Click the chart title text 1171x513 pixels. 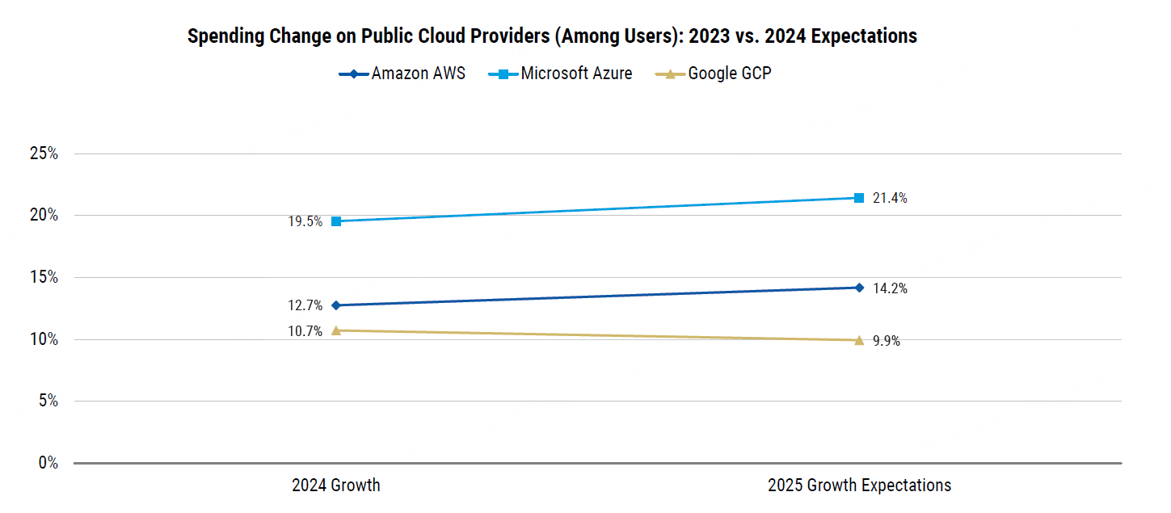pos(552,36)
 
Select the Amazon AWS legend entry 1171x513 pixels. pos(402,74)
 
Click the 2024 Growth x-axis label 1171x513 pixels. pos(335,486)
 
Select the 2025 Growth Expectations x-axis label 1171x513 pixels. pos(859,486)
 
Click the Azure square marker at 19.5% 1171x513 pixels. pos(336,221)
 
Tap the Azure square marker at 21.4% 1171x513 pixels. pos(859,198)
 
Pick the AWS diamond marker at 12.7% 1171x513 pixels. pos(336,305)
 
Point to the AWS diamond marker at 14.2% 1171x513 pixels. pos(859,288)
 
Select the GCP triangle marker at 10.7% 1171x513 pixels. pos(336,330)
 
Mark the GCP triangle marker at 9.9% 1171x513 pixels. pos(859,340)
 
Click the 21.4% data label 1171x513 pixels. pos(890,199)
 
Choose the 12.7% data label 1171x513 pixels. pos(305,306)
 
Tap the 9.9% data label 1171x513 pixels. pos(887,341)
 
